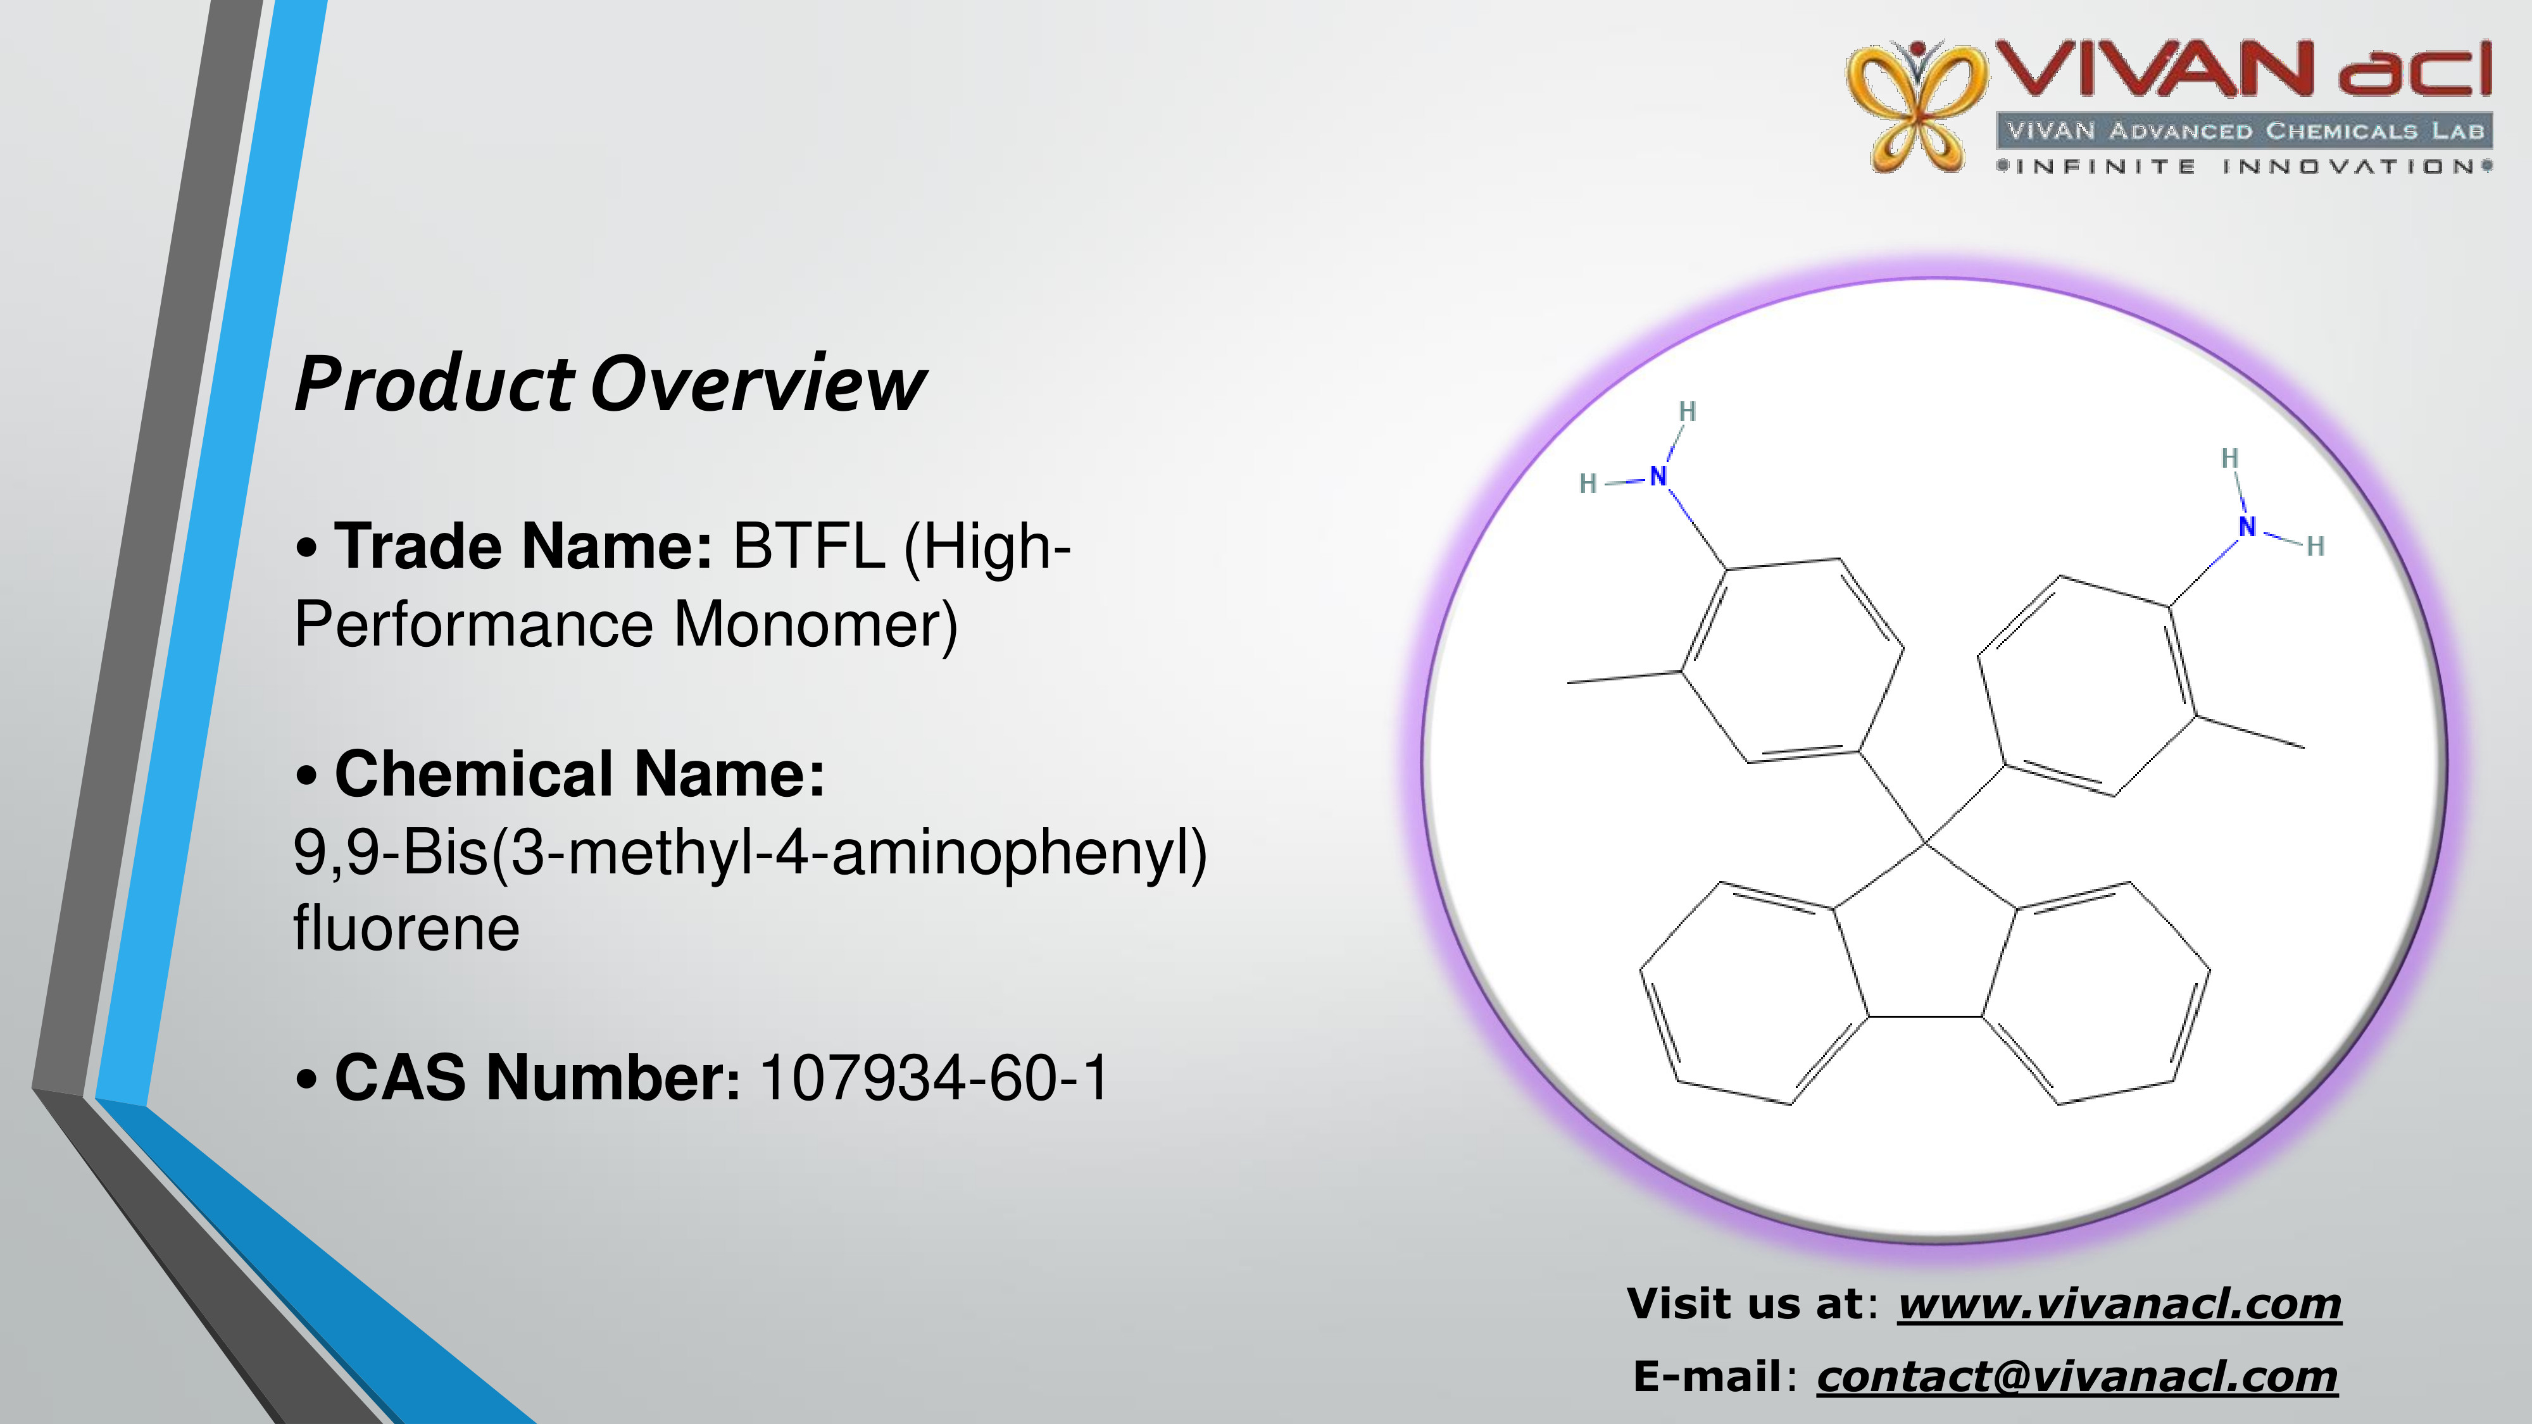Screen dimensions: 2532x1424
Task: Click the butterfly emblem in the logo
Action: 1915,106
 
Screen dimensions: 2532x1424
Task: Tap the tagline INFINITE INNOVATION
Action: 2245,166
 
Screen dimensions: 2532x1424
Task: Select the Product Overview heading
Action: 610,384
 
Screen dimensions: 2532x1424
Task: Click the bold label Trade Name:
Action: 523,546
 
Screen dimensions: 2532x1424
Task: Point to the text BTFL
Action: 808,546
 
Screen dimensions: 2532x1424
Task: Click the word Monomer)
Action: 816,625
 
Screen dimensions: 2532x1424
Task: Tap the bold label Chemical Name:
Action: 580,773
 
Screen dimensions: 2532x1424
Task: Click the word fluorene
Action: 406,928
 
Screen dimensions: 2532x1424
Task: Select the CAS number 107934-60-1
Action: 935,1078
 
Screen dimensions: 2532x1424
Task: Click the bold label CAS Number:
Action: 537,1078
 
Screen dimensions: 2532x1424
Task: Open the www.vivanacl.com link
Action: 2119,1304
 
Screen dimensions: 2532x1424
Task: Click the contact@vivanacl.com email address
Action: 2077,1377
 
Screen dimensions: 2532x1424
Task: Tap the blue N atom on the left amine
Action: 1659,476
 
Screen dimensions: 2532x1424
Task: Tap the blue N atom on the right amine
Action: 2247,527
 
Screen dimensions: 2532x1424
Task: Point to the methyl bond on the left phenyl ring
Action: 1624,677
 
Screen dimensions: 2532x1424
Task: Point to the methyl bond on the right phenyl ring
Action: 2250,732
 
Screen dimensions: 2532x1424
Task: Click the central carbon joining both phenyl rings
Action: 1924,843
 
